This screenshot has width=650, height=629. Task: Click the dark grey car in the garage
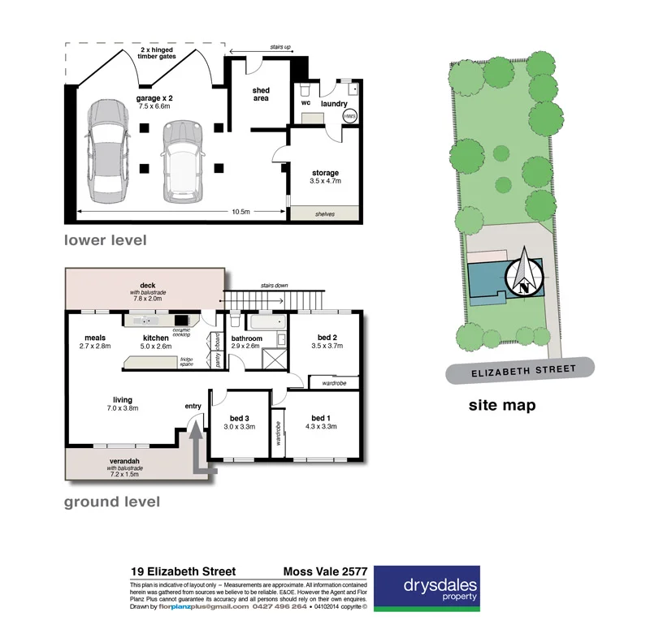click(107, 151)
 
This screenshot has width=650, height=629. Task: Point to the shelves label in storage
click(324, 214)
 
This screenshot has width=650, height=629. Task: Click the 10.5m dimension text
click(240, 211)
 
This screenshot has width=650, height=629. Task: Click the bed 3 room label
click(240, 418)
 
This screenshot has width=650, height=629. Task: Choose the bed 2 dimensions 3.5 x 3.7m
click(327, 345)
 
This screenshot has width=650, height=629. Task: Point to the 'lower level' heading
click(106, 240)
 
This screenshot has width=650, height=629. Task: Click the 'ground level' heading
click(112, 502)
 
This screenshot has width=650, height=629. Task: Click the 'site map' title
click(501, 405)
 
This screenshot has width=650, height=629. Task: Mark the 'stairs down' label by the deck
click(275, 286)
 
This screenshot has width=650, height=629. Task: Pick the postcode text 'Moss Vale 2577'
click(324, 571)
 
